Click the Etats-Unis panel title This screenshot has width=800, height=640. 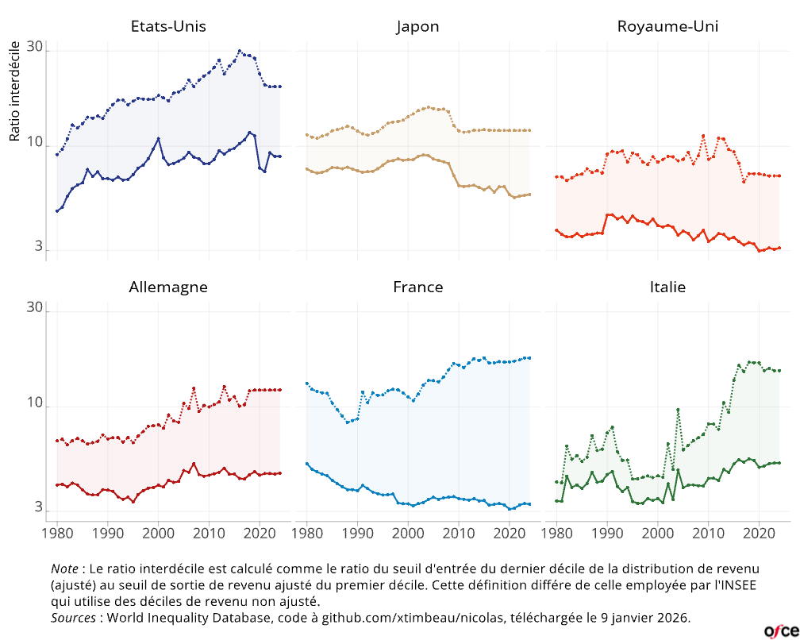pyautogui.click(x=168, y=26)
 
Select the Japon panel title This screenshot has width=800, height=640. pyautogui.click(x=417, y=26)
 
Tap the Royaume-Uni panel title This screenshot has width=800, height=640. pyautogui.click(x=667, y=26)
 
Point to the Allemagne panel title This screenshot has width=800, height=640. pyautogui.click(x=168, y=287)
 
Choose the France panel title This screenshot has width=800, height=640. pyautogui.click(x=417, y=287)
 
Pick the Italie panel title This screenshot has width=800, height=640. pyautogui.click(x=667, y=287)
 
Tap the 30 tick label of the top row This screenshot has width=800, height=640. pyautogui.click(x=34, y=48)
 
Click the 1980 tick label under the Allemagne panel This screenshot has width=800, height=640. pyautogui.click(x=57, y=533)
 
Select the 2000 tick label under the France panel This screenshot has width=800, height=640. pyautogui.click(x=408, y=533)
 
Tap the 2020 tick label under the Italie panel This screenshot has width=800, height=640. pyautogui.click(x=759, y=533)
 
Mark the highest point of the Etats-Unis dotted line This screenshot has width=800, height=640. pyautogui.click(x=239, y=51)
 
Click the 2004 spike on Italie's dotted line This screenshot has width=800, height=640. pyautogui.click(x=678, y=410)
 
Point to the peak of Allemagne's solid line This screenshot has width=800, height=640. pyautogui.click(x=194, y=463)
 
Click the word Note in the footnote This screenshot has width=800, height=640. pyautogui.click(x=64, y=569)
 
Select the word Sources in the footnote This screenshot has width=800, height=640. pyautogui.click(x=74, y=617)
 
